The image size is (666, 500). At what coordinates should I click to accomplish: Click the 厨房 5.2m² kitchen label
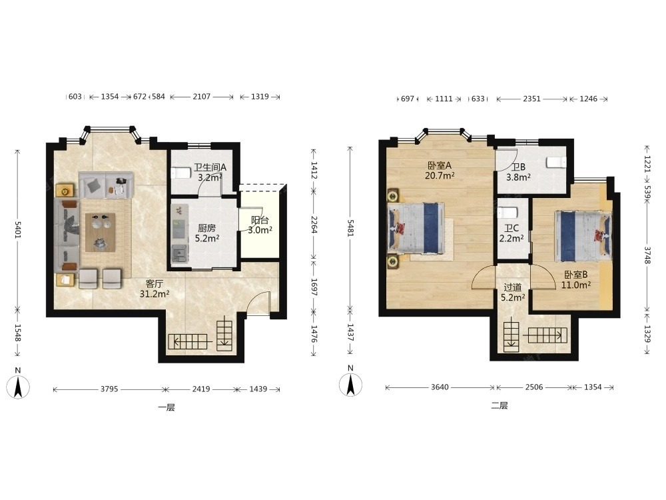[207, 233]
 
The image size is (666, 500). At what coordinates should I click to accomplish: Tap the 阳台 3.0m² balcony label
[260, 225]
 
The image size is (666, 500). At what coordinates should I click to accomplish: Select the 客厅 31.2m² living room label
[155, 289]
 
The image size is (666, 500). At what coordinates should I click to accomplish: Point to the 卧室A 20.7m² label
[440, 170]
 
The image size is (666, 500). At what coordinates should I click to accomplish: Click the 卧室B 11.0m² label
[576, 280]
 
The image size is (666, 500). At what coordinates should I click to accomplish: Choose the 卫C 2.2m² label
[511, 233]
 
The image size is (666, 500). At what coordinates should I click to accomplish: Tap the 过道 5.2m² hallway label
[513, 293]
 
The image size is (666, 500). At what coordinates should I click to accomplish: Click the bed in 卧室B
[583, 235]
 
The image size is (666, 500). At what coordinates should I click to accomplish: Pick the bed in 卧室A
[416, 229]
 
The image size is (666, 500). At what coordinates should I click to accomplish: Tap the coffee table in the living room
[101, 232]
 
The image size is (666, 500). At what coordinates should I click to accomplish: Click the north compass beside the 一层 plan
[17, 387]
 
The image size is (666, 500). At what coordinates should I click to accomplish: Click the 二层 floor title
[499, 405]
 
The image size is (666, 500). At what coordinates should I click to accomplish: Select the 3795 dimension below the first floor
[109, 389]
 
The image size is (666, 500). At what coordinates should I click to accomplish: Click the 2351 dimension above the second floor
[531, 99]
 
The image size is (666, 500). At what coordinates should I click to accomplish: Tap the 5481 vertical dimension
[350, 228]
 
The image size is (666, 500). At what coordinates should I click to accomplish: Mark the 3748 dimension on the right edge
[647, 255]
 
